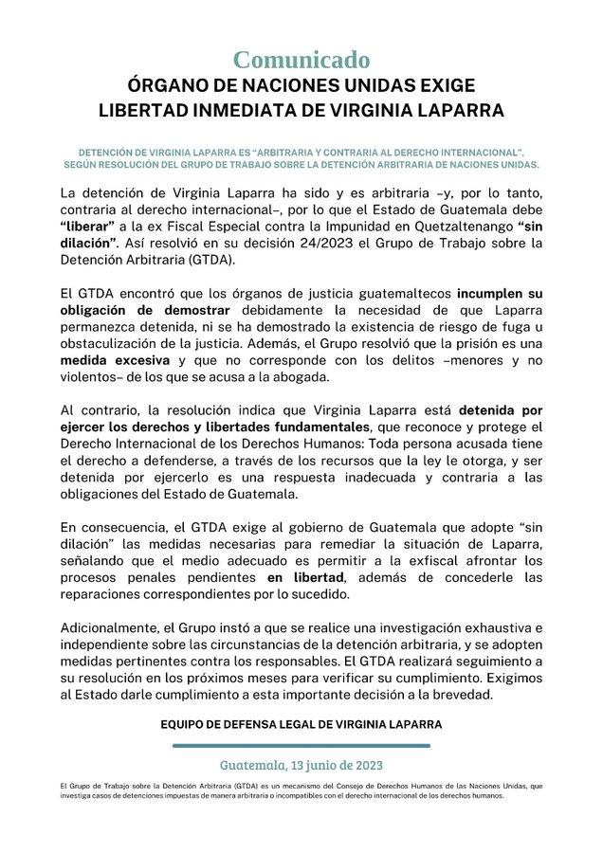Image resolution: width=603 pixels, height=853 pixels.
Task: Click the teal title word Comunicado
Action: coord(301,60)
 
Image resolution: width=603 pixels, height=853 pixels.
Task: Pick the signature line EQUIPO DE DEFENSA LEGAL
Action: coord(301,725)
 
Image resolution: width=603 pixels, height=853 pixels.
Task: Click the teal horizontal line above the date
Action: coord(301,746)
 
